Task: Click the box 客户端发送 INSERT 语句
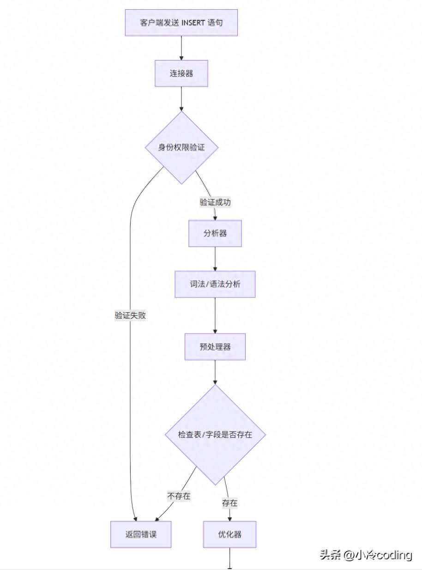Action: point(181,23)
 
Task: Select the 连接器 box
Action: point(181,73)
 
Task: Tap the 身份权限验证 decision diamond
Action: point(181,147)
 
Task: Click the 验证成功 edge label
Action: point(215,202)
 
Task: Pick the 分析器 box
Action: point(215,233)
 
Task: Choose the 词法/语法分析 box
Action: point(215,284)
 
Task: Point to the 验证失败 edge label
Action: point(130,315)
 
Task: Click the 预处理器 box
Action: point(215,346)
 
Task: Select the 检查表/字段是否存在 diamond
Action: point(215,435)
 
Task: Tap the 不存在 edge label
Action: point(179,496)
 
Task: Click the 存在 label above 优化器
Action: point(229,503)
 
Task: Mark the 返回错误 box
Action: point(141,534)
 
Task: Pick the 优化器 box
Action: point(229,534)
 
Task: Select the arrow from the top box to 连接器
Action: point(181,48)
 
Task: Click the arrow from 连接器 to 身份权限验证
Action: point(181,98)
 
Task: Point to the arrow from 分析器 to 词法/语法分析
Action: point(215,259)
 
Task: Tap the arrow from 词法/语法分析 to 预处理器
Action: point(215,315)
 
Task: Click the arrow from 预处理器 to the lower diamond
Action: point(215,372)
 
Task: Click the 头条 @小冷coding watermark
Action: point(366,555)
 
